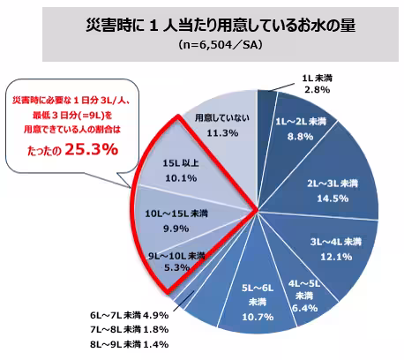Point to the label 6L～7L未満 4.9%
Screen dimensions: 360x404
pos(127,313)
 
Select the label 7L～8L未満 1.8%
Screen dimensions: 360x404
pos(127,328)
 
